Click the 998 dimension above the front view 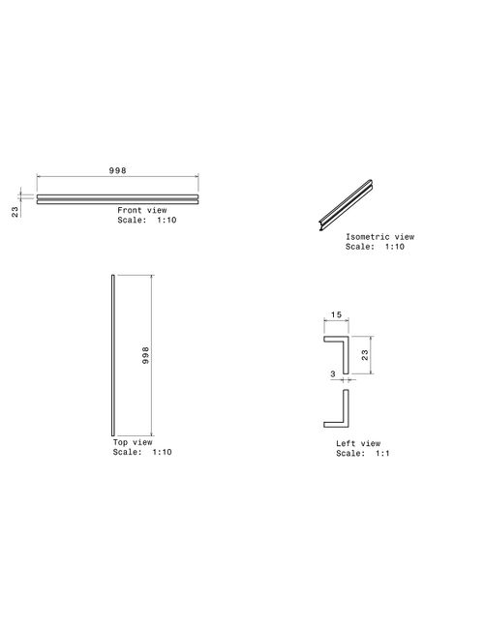coord(118,170)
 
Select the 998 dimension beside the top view coord(146,355)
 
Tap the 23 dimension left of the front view coord(15,212)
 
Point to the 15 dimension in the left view coord(336,314)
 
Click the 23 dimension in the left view coord(365,355)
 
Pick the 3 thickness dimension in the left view coord(333,373)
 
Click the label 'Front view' coord(142,210)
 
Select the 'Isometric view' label coord(380,237)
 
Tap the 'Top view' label coord(133,442)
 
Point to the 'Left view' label coord(358,443)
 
